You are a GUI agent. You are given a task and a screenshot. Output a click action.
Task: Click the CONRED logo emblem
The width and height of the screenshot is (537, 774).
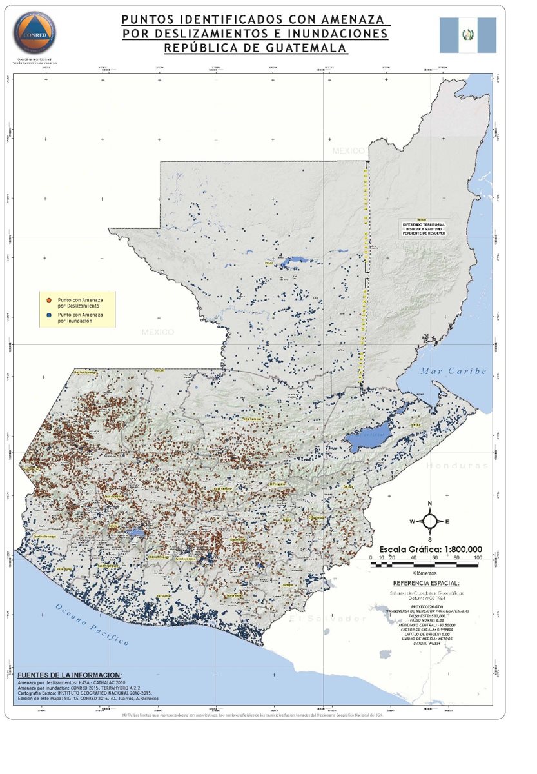(33, 32)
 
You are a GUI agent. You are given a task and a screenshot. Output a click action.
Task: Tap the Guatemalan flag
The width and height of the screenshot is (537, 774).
(468, 35)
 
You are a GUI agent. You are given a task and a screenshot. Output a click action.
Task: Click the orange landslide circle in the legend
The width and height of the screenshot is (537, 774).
(50, 301)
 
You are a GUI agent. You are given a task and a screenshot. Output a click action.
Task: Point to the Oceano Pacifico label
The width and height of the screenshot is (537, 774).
(91, 625)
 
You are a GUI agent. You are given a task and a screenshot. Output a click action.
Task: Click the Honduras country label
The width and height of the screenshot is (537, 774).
(457, 465)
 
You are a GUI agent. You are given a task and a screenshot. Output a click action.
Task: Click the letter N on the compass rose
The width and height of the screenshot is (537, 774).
(429, 504)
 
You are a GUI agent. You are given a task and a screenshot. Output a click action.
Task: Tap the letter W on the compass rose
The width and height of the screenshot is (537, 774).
(413, 521)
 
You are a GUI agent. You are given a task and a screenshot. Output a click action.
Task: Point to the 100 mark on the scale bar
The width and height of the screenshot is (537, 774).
(477, 557)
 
